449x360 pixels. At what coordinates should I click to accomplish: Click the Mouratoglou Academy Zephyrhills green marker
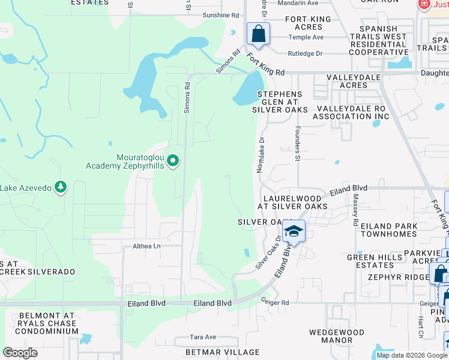coord(173,161)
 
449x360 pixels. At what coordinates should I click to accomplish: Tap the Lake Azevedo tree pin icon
coord(60,188)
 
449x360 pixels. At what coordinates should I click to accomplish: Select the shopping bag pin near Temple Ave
coord(259,34)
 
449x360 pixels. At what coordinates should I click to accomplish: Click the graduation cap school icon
coord(294,231)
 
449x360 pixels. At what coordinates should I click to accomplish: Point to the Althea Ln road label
coord(147,246)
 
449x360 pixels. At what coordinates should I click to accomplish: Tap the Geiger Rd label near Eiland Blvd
coord(275,302)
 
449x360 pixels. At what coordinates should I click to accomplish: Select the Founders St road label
coord(297,145)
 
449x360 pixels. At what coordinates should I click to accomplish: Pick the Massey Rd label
coord(355,205)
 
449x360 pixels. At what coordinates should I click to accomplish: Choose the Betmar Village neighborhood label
coord(226,352)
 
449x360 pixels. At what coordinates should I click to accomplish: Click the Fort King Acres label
coord(308,23)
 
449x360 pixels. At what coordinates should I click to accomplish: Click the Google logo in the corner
coord(20,353)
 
